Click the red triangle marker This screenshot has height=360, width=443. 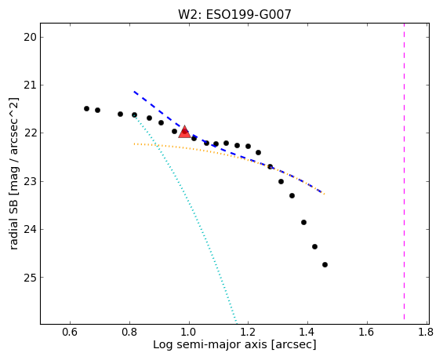pyautogui.click(x=184, y=133)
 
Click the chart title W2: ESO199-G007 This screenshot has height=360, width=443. pyautogui.click(x=234, y=15)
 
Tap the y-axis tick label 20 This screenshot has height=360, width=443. pyautogui.click(x=30, y=38)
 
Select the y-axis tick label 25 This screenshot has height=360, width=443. pyautogui.click(x=30, y=278)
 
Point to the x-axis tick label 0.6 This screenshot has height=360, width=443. pyautogui.click(x=70, y=332)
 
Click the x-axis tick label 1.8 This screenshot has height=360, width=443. pyautogui.click(x=426, y=332)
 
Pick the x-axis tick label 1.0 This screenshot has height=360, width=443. pyautogui.click(x=189, y=332)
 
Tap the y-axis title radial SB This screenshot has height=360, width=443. pyautogui.click(x=13, y=224)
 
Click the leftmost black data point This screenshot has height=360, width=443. pyautogui.click(x=86, y=109)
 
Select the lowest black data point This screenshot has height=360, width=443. pyautogui.click(x=325, y=265)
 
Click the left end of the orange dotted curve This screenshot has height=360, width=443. pyautogui.click(x=135, y=144)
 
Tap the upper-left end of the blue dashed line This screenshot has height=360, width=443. pyautogui.click(x=134, y=92)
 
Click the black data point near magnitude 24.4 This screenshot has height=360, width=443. pyautogui.click(x=314, y=247)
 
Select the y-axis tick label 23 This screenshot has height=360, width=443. pyautogui.click(x=30, y=181)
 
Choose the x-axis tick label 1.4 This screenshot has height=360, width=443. pyautogui.click(x=307, y=332)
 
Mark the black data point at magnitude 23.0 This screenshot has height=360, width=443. pyautogui.click(x=281, y=181)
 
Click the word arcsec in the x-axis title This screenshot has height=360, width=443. pyautogui.click(x=294, y=345)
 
